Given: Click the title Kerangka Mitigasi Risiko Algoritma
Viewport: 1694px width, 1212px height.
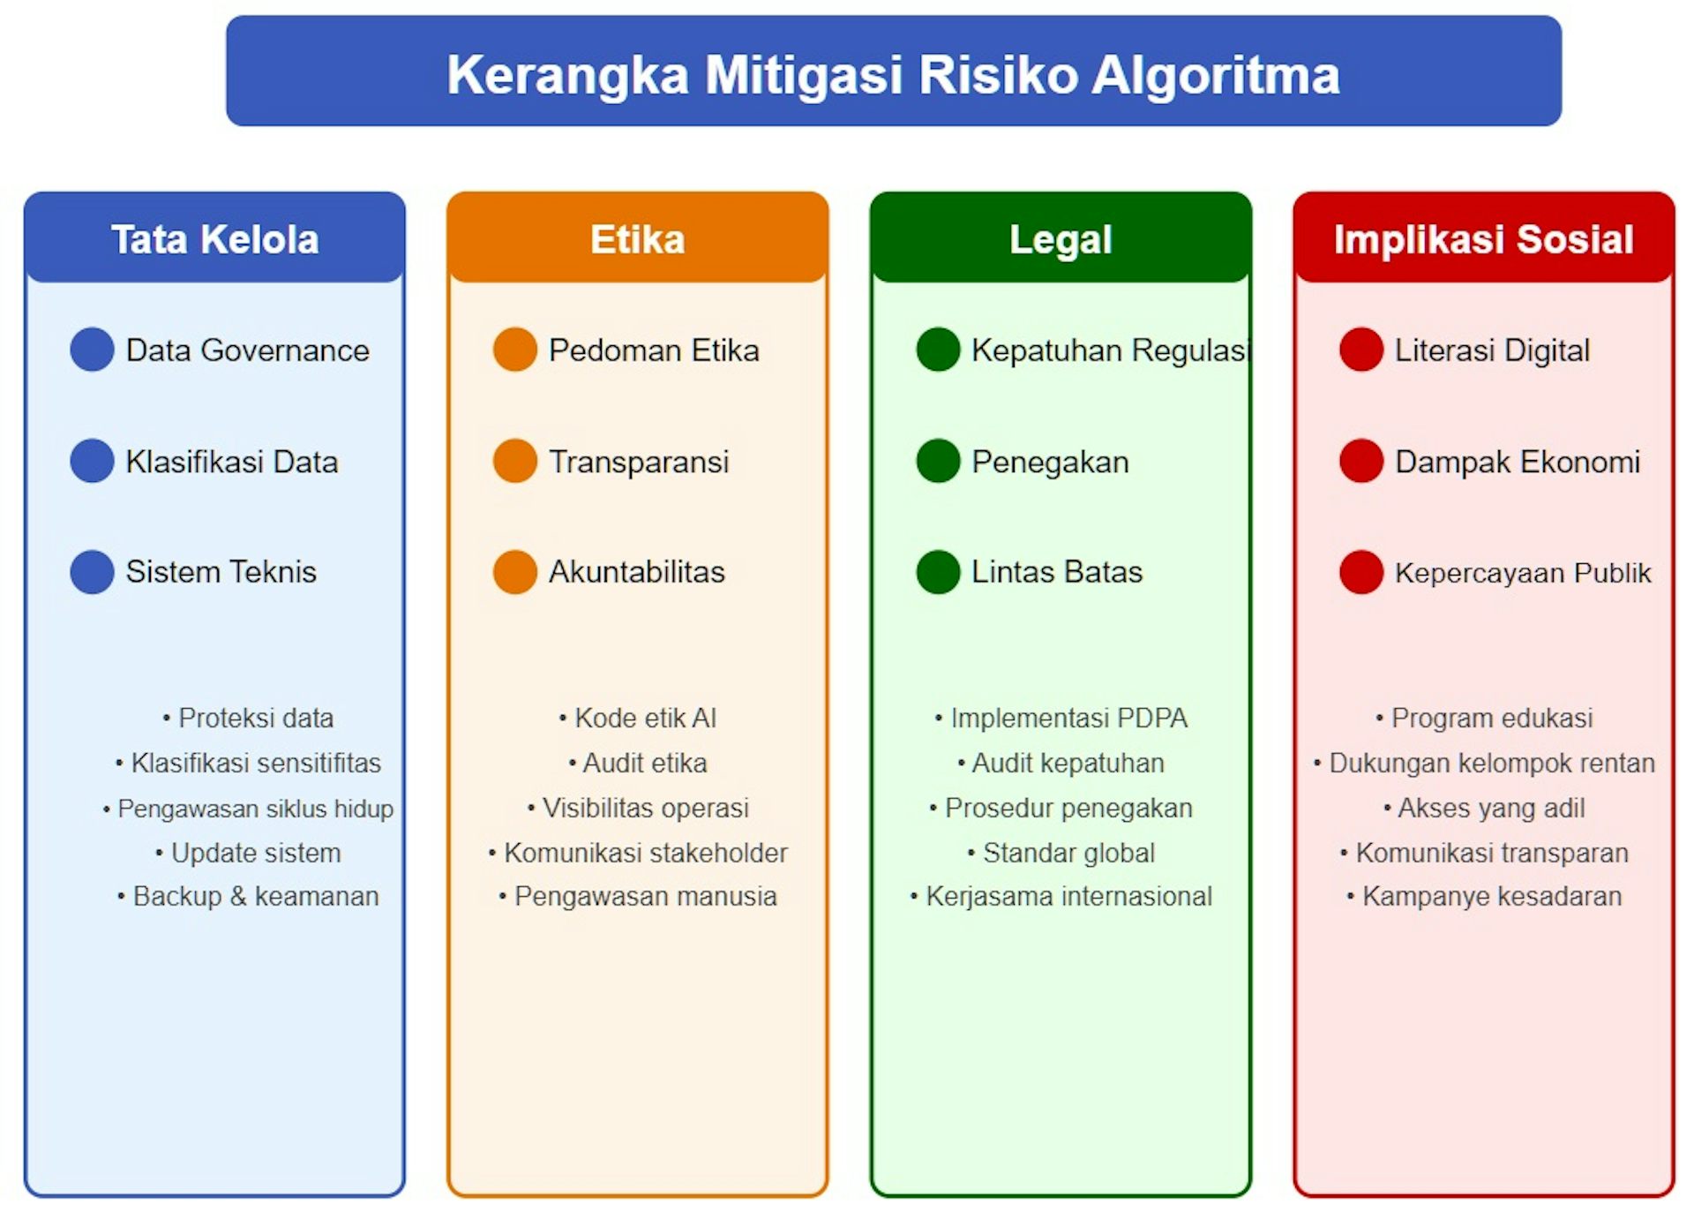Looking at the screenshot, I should tap(893, 74).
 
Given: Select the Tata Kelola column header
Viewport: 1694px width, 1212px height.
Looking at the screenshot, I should tap(214, 239).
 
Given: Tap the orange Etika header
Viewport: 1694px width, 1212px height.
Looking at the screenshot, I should tap(637, 239).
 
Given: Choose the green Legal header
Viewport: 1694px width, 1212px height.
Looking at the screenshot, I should tap(1061, 239).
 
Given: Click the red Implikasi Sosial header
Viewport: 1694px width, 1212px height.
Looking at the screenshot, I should tap(1483, 239).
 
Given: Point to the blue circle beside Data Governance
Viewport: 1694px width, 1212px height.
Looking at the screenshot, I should tap(92, 350).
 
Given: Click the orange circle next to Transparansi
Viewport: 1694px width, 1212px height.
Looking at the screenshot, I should tap(515, 461).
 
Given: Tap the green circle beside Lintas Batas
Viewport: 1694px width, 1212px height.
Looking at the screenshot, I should tap(938, 572).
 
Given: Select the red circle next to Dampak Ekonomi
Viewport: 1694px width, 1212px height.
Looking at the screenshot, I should tap(1361, 461).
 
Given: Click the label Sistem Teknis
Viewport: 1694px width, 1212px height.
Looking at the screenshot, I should tap(221, 572).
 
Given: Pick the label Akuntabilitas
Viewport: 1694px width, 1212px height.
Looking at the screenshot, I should tap(636, 572).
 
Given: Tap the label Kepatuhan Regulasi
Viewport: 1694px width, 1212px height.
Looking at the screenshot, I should tap(1111, 350).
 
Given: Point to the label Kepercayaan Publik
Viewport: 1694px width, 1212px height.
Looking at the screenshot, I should tap(1522, 573).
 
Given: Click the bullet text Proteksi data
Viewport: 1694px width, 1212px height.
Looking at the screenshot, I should tap(255, 718).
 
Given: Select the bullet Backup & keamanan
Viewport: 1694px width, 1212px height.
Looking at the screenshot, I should tap(255, 896).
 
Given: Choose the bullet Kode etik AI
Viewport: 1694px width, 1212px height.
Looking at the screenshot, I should tap(645, 718).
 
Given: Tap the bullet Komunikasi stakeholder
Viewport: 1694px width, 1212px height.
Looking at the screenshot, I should tap(645, 853).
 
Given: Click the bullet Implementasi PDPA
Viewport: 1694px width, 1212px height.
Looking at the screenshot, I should tap(1068, 718).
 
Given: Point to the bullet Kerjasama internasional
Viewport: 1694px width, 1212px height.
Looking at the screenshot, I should tap(1068, 896).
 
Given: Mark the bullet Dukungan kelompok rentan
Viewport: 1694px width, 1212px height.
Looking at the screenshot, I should tap(1491, 763).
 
